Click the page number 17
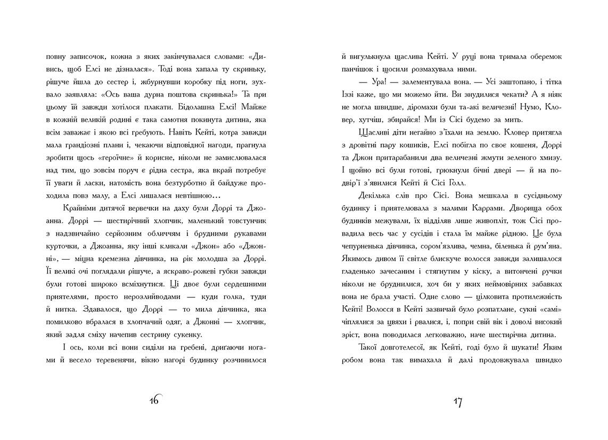point(457,402)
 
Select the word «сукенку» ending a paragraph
point(194,334)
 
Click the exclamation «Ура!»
point(369,82)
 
